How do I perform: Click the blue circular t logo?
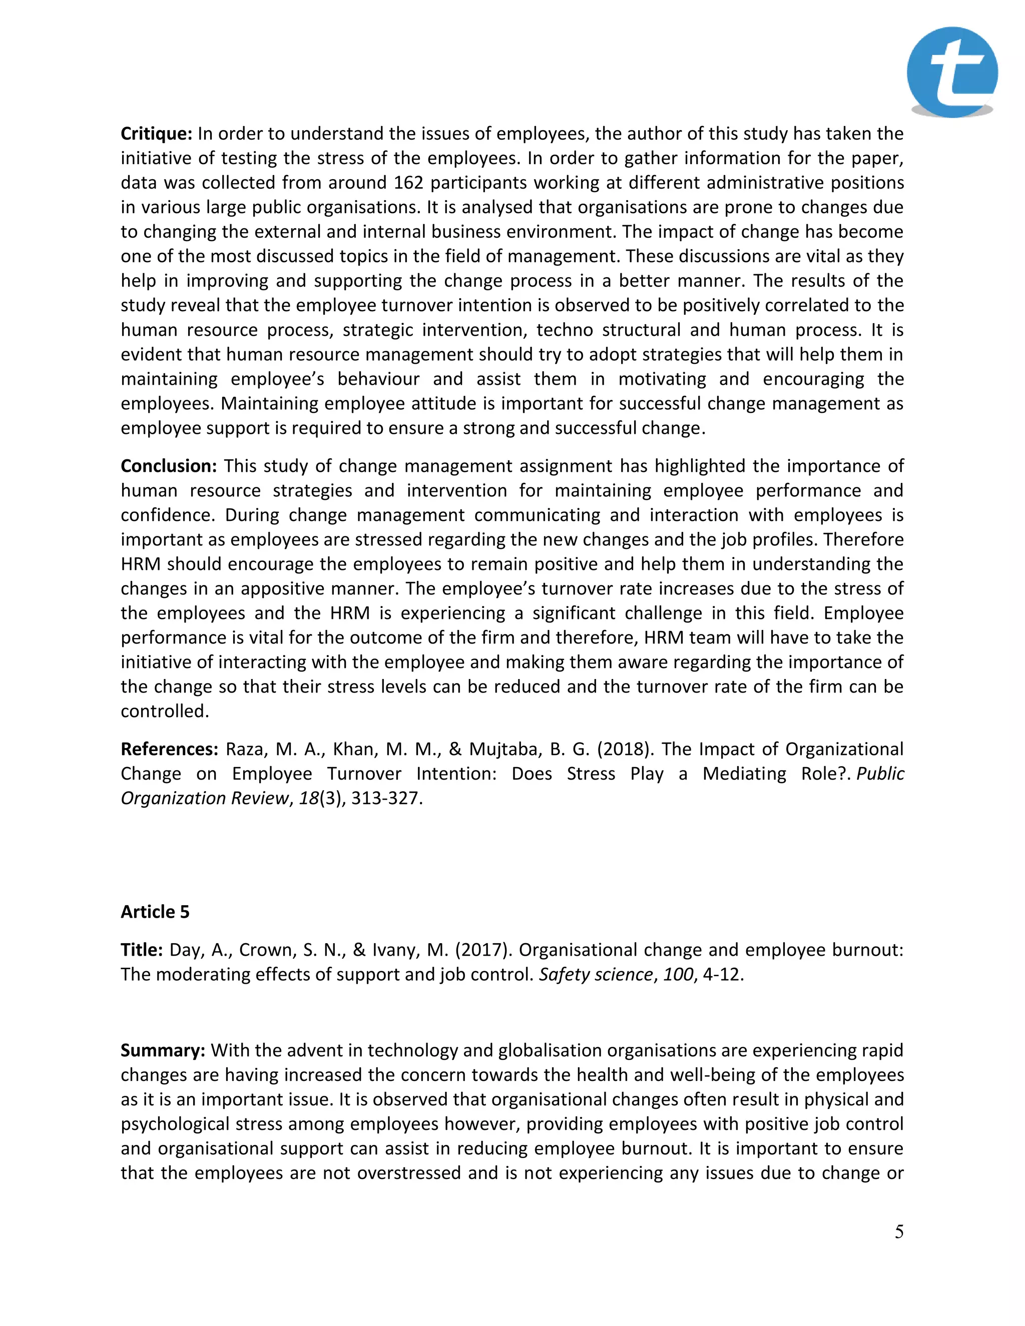coord(951,72)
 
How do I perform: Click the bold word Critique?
coord(156,134)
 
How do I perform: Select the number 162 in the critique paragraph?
coord(408,183)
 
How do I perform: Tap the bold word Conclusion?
coord(168,466)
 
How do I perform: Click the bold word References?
coord(169,749)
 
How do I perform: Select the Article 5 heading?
coord(155,912)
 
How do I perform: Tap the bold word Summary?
coord(162,1050)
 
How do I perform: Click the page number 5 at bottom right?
coord(899,1231)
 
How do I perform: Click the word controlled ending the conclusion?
coord(164,711)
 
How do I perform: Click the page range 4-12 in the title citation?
coord(722,974)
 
